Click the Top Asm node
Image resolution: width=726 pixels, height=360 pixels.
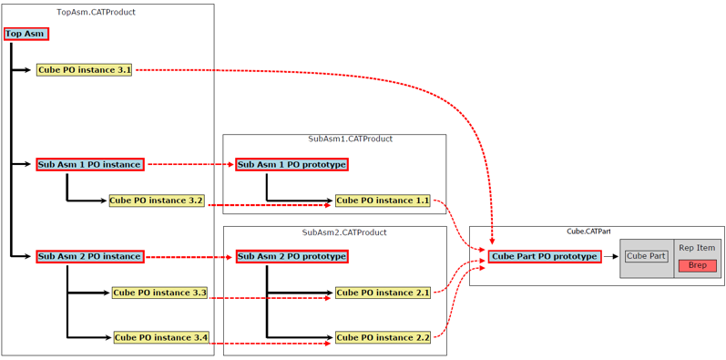(25, 34)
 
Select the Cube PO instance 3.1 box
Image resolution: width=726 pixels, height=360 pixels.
(84, 70)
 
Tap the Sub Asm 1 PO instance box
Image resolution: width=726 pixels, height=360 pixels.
(89, 165)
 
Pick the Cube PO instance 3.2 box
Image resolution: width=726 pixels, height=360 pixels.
(157, 201)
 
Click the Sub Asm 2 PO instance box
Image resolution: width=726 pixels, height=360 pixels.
(89, 257)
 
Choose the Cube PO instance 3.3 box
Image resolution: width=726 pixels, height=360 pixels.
(160, 293)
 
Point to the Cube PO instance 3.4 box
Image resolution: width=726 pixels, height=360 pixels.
(161, 338)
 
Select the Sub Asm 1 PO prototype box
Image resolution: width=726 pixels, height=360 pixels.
(291, 165)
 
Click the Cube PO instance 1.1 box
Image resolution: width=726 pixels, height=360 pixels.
(383, 201)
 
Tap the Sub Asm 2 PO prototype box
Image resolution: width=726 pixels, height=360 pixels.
(291, 257)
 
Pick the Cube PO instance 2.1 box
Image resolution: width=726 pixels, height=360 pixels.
(383, 293)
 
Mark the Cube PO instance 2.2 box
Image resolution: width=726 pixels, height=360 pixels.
(383, 338)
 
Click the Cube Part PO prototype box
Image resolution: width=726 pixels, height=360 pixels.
(545, 257)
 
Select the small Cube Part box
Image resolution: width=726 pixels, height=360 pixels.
(646, 257)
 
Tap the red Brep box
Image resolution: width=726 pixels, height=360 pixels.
(697, 265)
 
